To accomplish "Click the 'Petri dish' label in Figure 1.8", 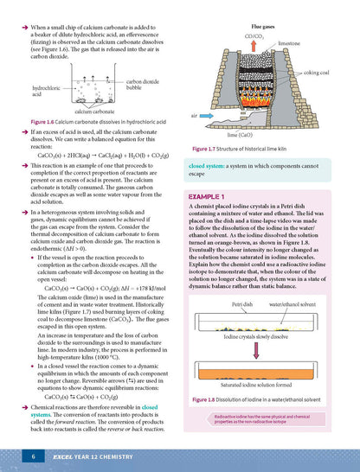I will tap(245, 329).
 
